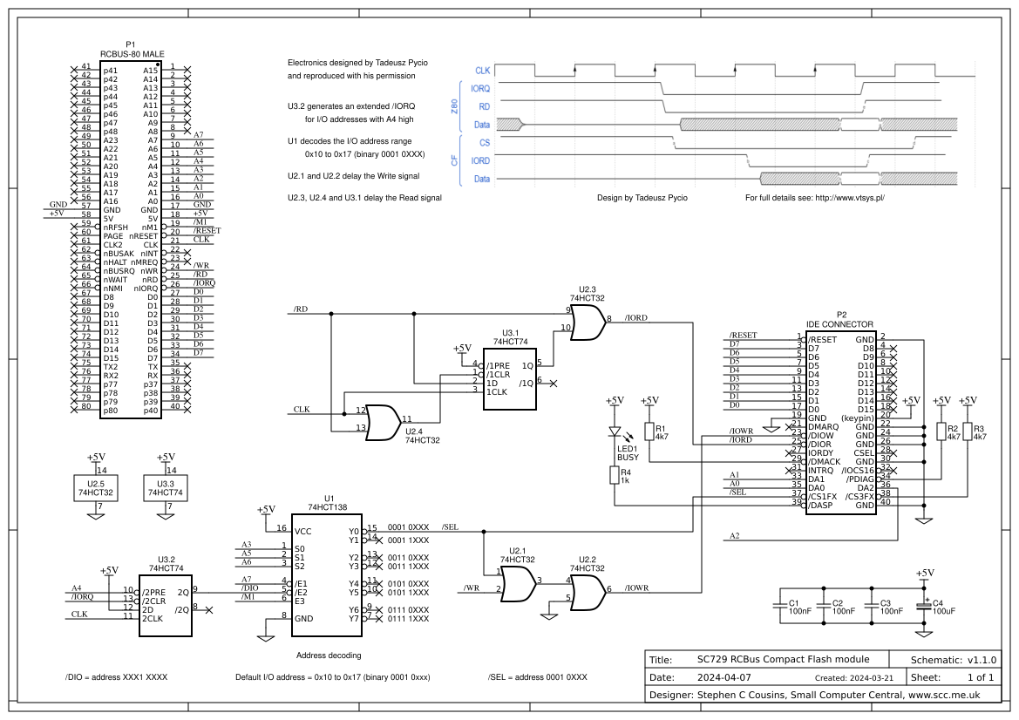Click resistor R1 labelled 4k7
(x=649, y=431)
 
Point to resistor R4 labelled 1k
(x=615, y=475)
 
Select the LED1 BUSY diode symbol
(x=615, y=432)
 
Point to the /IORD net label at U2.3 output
(x=636, y=318)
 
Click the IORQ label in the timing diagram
(x=479, y=88)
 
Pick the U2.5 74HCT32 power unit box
(x=96, y=488)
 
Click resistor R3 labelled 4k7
(x=968, y=432)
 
